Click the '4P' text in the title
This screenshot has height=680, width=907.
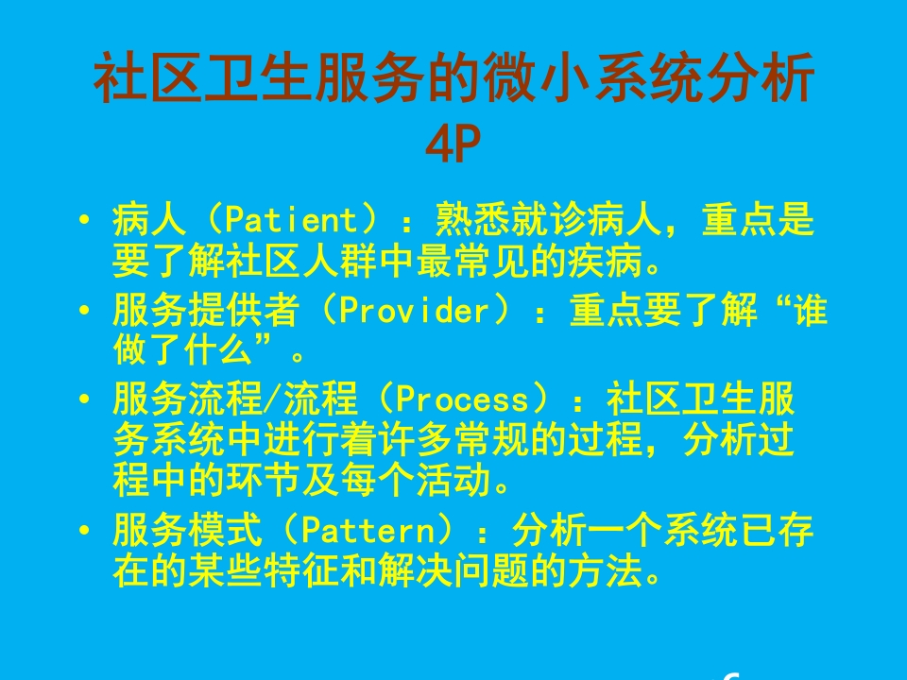[x=454, y=144]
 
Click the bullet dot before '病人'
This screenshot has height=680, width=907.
[x=86, y=223]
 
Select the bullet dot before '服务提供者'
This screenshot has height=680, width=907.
[x=86, y=313]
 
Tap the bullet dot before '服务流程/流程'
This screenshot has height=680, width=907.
[x=86, y=400]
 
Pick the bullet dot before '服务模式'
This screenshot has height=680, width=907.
[x=86, y=532]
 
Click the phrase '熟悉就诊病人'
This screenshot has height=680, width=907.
[x=548, y=221]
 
